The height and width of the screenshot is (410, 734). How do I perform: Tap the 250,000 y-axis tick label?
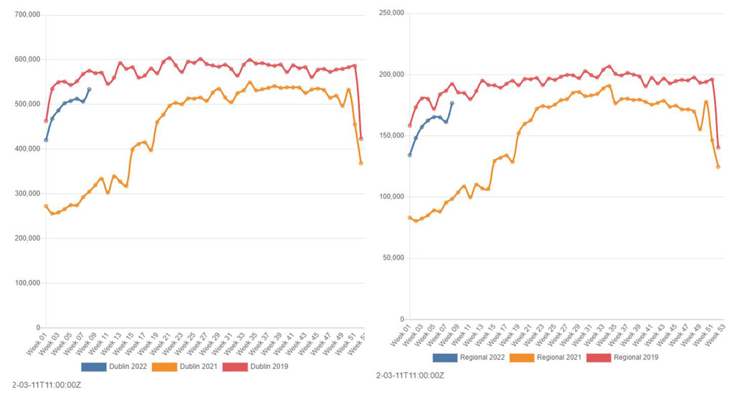(x=390, y=13)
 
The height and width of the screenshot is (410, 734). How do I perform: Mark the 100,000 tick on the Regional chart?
(x=390, y=197)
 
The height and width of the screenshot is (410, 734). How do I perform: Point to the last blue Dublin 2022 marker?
(x=89, y=90)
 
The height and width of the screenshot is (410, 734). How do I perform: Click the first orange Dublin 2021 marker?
(x=46, y=206)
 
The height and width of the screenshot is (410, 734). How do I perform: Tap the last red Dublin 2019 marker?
(x=361, y=139)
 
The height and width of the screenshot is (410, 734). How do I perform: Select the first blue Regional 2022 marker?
(x=410, y=155)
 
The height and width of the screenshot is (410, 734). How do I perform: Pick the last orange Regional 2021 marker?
(x=718, y=167)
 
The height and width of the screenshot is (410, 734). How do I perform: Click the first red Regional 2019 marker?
(x=410, y=126)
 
